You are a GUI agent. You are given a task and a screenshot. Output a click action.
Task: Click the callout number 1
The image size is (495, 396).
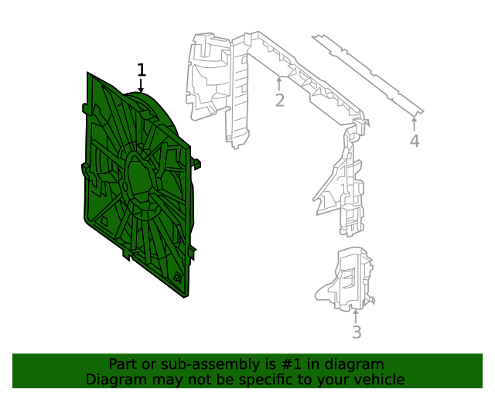141,70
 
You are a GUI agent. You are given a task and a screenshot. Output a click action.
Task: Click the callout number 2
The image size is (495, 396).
279,101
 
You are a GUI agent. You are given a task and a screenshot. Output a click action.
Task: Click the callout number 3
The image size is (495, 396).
356,333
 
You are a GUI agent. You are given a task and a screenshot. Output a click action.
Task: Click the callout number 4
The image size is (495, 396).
415,141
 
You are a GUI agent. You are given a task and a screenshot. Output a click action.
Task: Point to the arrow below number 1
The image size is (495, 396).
141,87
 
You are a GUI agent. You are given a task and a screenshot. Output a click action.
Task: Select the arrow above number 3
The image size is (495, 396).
356,316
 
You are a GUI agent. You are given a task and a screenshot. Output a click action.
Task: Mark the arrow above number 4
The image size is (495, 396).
415,122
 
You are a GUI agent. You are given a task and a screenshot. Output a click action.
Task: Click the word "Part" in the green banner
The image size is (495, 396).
124,364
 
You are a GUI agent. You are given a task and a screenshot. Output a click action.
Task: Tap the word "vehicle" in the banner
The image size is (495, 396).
377,380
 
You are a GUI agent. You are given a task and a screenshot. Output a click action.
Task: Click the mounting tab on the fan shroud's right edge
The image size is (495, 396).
196,163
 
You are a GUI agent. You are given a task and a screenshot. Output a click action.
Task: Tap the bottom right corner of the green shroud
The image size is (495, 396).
187,295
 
